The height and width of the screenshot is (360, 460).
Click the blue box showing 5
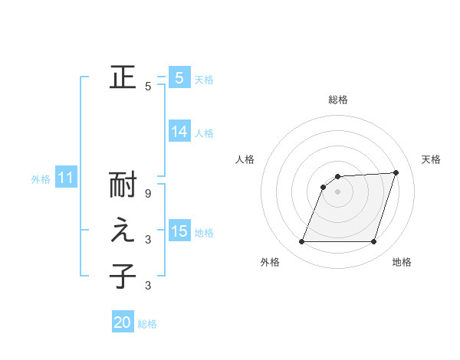[x=179, y=77]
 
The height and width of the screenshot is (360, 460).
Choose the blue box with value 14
[x=179, y=132]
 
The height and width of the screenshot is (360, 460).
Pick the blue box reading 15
[x=179, y=231]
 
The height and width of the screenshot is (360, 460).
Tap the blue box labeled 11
[x=65, y=178]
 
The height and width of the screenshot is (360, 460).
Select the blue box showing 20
[x=123, y=322]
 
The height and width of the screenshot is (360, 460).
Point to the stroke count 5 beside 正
[x=148, y=87]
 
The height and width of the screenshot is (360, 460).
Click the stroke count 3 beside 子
[x=148, y=286]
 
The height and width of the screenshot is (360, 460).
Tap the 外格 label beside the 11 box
[x=41, y=179]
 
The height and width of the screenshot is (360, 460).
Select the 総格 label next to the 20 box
[x=147, y=324]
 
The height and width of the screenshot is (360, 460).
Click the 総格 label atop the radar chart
[x=337, y=100]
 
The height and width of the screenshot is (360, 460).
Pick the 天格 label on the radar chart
[x=431, y=159]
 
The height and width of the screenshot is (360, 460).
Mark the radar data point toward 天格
[x=396, y=172]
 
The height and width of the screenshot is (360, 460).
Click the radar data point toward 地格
[x=373, y=242]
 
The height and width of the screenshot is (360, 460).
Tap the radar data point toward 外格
[x=301, y=242]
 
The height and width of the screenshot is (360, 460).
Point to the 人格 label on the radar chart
[x=245, y=159]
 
